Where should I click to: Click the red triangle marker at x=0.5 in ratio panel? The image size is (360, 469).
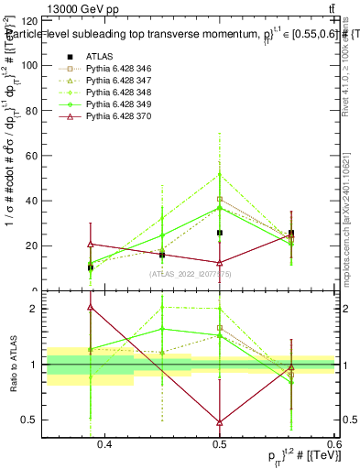point(220,422)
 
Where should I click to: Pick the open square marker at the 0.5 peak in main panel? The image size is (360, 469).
point(220,199)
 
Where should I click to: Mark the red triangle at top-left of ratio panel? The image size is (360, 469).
point(90,308)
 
